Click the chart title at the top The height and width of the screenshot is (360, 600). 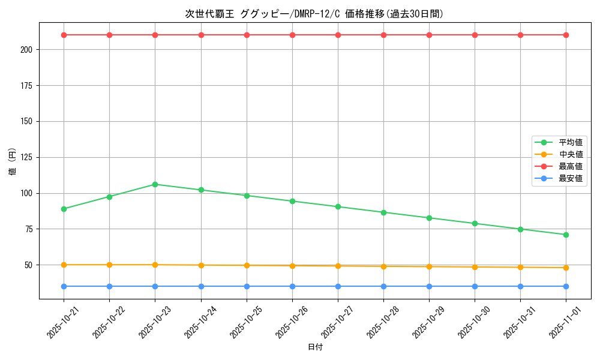314,14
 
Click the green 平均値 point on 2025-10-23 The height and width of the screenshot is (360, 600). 155,184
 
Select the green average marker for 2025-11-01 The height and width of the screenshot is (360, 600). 566,235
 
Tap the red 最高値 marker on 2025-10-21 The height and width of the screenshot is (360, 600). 64,35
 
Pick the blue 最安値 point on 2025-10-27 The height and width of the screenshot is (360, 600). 338,286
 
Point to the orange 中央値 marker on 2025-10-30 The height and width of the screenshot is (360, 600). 475,267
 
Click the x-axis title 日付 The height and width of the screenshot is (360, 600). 314,347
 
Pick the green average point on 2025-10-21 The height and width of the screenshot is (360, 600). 64,209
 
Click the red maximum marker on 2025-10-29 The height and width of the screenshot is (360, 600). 429,35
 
